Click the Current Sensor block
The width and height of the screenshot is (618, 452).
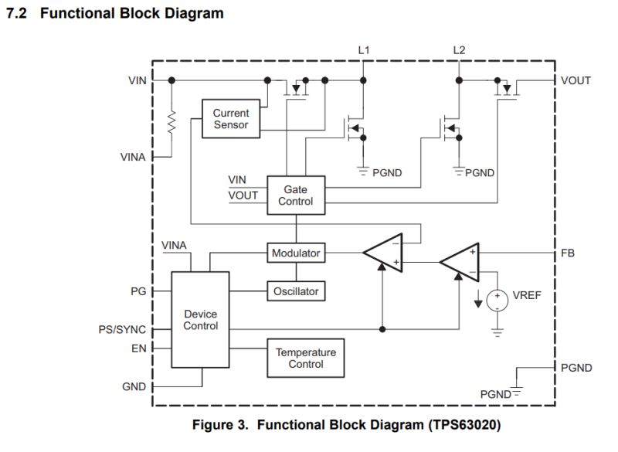coord(231,118)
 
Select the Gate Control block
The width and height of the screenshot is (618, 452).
coord(297,195)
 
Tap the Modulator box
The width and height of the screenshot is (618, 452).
coord(296,253)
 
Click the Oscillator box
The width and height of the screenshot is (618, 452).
coord(296,291)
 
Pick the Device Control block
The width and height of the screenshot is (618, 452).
coord(200,320)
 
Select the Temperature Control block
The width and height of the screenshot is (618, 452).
coord(306,358)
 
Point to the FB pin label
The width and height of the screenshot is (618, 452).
coord(568,253)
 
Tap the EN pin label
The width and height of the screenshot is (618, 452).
coord(138,348)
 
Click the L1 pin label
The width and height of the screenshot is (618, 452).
coord(364,51)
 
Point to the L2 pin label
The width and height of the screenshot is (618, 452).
coord(460,51)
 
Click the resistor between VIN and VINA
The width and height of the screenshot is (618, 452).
coord(171,120)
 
